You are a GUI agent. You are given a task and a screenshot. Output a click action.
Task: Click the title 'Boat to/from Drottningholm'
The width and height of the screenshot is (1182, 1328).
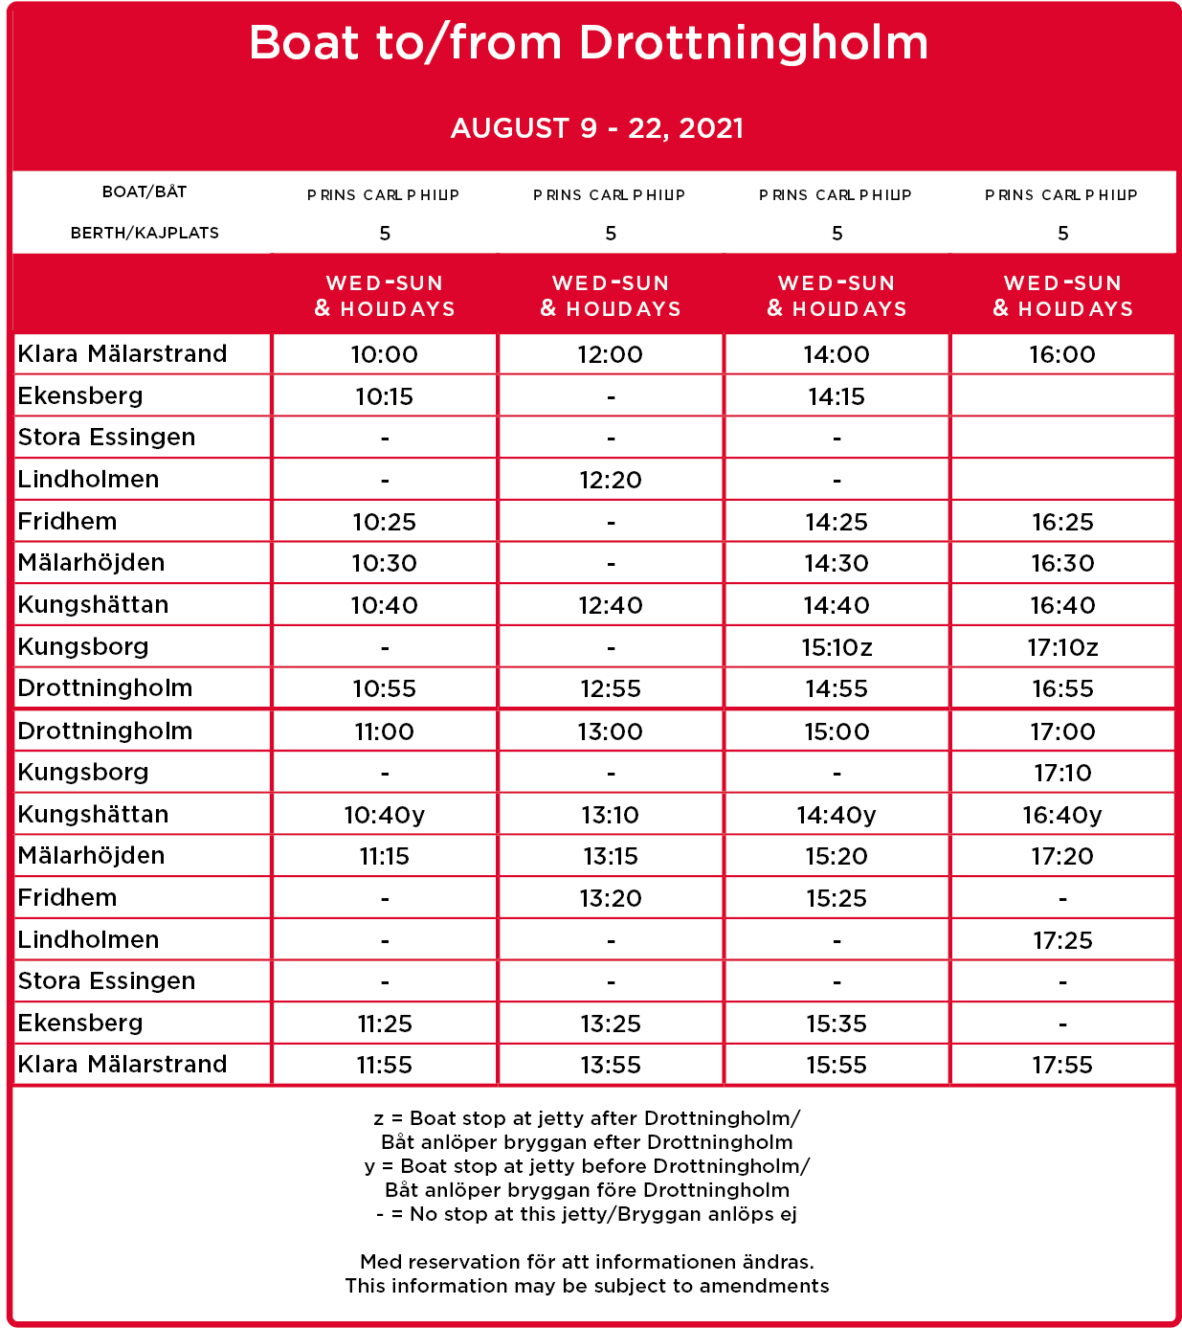click(x=589, y=44)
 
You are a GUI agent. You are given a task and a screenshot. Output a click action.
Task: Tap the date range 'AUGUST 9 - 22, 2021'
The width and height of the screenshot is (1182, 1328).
click(x=597, y=128)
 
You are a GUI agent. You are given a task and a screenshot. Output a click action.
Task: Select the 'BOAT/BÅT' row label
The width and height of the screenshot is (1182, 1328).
click(x=145, y=191)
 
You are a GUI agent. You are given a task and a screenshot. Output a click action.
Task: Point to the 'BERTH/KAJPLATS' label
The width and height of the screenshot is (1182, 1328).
click(x=145, y=233)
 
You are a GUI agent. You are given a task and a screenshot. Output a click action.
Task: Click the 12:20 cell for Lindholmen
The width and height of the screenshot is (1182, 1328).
click(x=611, y=480)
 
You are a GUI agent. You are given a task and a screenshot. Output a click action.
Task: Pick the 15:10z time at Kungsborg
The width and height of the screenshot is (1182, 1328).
click(x=836, y=647)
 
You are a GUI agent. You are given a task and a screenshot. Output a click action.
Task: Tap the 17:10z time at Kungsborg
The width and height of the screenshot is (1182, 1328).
click(x=1062, y=647)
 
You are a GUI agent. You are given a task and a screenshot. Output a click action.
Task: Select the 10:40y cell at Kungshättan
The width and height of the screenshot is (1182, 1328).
click(x=385, y=815)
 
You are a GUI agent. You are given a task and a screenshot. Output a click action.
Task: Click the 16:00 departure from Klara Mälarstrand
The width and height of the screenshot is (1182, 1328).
click(x=1062, y=354)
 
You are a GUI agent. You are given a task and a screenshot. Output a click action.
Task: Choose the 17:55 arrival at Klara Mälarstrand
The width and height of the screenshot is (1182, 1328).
click(x=1062, y=1065)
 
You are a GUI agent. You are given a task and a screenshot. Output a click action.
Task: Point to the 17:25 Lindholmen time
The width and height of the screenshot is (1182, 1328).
click(x=1062, y=940)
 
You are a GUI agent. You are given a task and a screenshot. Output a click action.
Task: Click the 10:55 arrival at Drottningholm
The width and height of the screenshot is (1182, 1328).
click(x=385, y=688)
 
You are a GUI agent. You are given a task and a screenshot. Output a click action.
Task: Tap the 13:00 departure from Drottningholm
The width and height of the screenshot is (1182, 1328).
click(x=611, y=732)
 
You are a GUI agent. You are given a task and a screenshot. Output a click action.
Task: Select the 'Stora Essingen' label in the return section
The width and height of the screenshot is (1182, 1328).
click(x=106, y=981)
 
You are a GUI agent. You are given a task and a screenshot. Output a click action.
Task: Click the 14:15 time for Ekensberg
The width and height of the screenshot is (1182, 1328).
click(x=836, y=396)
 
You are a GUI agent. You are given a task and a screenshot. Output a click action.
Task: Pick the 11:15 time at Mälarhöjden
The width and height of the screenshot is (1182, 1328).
click(x=385, y=856)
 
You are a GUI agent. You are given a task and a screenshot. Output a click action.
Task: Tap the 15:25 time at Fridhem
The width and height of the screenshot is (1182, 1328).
click(x=836, y=898)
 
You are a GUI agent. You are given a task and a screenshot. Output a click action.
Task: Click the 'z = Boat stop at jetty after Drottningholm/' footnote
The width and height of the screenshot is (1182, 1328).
click(x=587, y=1118)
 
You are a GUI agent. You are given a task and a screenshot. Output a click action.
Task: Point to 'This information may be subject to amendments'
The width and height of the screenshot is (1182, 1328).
click(x=587, y=1286)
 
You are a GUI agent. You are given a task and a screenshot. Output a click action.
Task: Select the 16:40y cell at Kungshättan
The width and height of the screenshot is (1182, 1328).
click(x=1062, y=815)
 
